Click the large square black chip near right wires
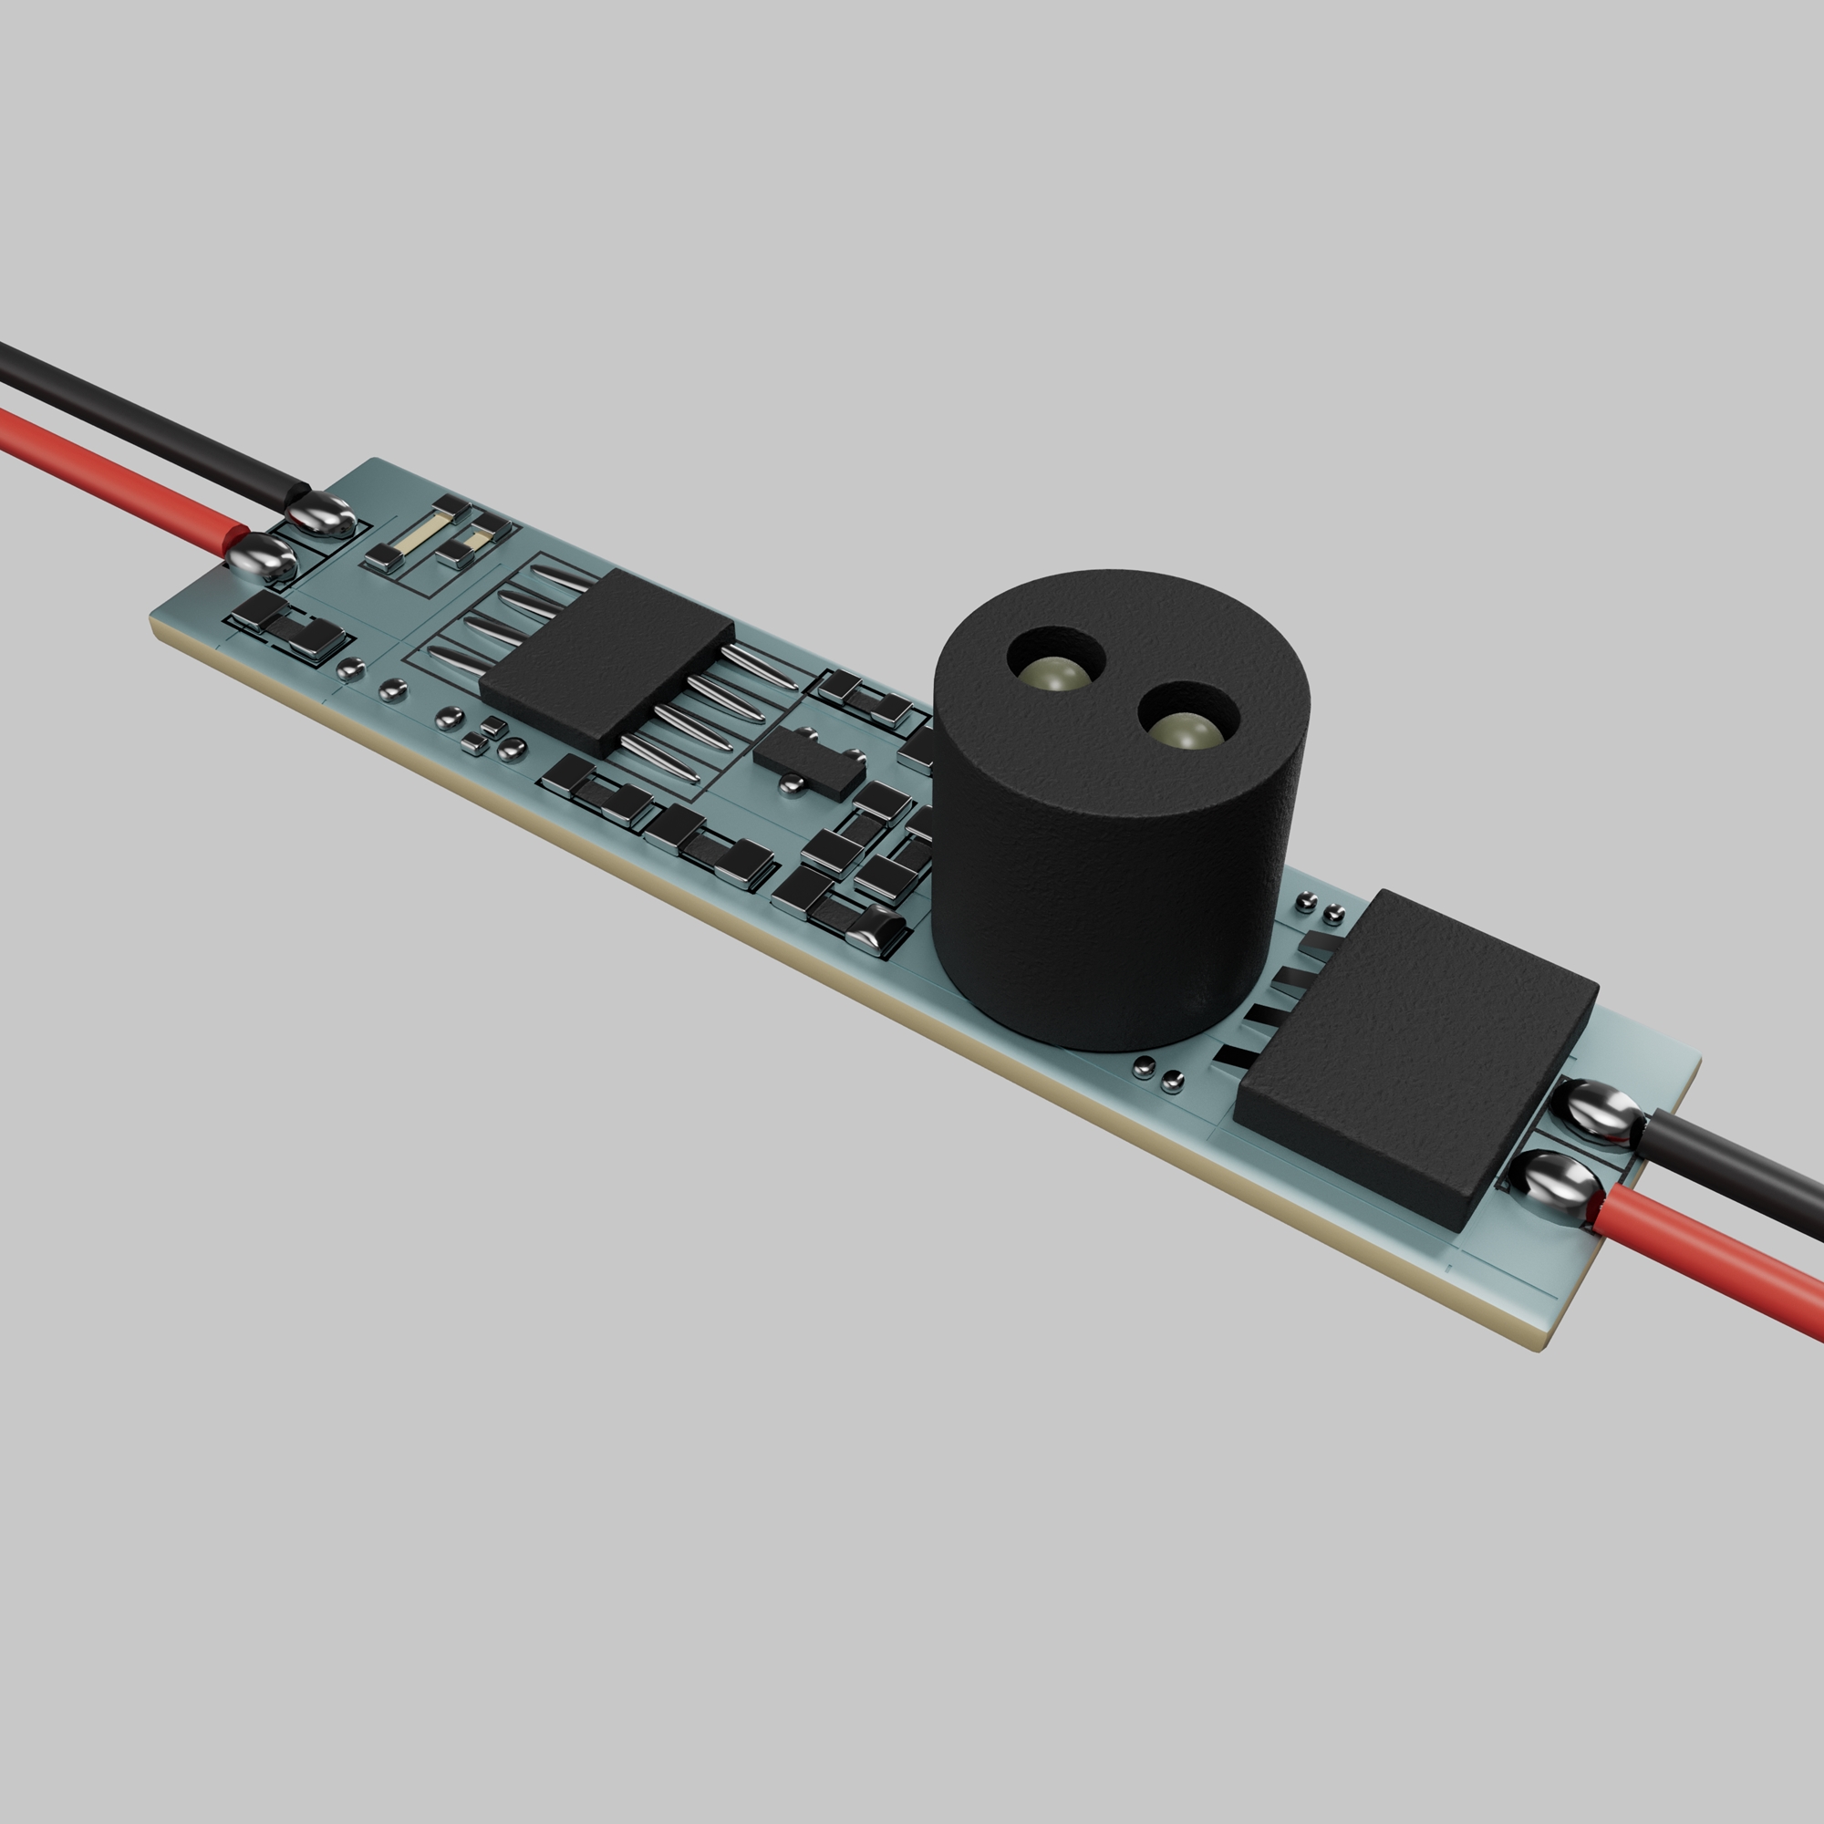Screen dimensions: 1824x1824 (x=1416, y=1057)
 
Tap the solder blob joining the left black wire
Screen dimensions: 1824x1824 (x=321, y=514)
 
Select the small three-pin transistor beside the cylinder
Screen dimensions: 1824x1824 (x=810, y=760)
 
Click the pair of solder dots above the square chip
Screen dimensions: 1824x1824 (x=1320, y=907)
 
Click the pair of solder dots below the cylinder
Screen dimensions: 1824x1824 (x=1157, y=1073)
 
